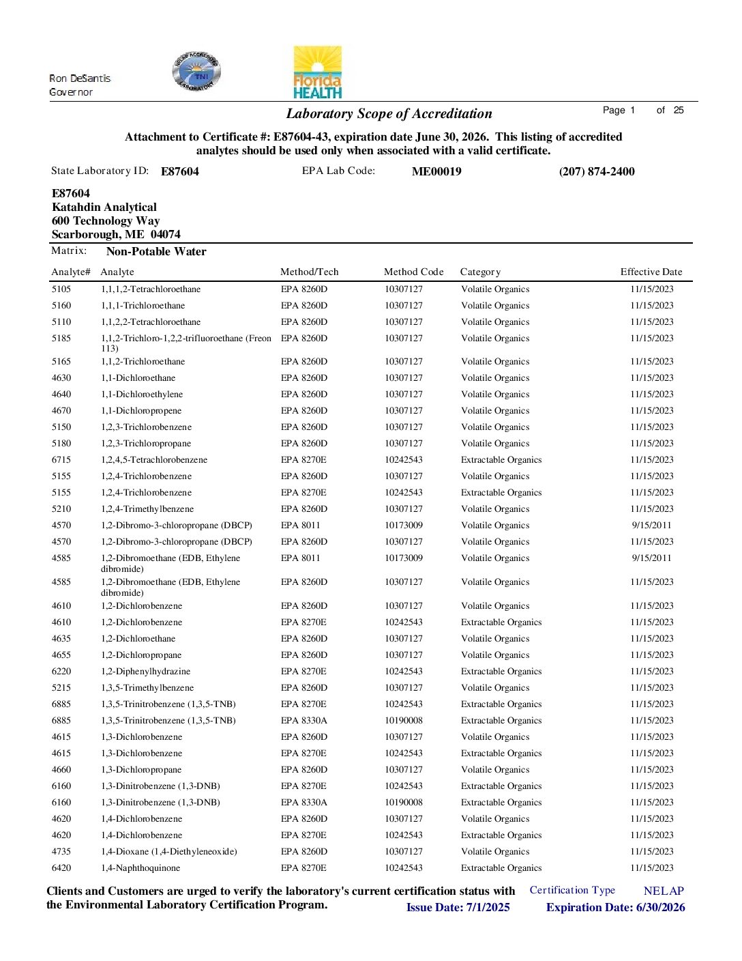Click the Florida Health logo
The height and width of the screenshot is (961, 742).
tap(317, 72)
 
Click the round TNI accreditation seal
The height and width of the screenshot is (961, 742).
tap(196, 72)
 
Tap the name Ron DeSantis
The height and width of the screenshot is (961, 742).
tap(80, 78)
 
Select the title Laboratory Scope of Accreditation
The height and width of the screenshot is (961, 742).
tap(389, 114)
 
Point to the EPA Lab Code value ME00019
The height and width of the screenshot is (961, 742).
tap(436, 171)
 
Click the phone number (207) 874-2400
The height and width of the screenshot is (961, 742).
tap(597, 171)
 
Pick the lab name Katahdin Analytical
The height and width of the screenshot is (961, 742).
tap(104, 207)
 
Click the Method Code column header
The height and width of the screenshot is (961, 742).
tap(413, 272)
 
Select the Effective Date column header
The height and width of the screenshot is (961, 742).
tap(651, 272)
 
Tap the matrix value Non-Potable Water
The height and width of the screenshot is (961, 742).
tap(156, 251)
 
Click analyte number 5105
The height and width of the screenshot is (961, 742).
tap(61, 289)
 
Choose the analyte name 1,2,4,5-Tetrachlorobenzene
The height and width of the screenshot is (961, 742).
tap(154, 460)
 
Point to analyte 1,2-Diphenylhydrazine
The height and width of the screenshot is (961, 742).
tap(145, 672)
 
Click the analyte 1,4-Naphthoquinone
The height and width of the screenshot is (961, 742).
tap(140, 868)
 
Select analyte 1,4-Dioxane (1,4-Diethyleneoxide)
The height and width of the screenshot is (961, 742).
tap(169, 852)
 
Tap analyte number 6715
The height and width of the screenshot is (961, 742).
tap(61, 460)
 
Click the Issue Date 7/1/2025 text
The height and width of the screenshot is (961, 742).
tap(458, 907)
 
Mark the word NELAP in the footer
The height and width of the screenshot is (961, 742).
tap(664, 891)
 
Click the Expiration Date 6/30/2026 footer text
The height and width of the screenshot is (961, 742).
tap(615, 907)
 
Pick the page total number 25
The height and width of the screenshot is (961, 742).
tap(679, 110)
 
